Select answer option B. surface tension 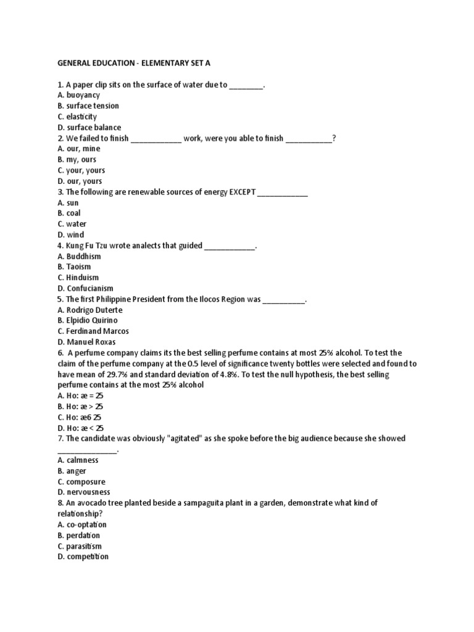pyautogui.click(x=88, y=106)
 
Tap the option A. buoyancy pyautogui.click(x=78, y=95)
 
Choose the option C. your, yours pyautogui.click(x=81, y=170)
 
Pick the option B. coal pyautogui.click(x=69, y=214)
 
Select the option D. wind pyautogui.click(x=70, y=235)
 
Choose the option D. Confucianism pyautogui.click(x=85, y=289)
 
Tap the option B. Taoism pyautogui.click(x=75, y=267)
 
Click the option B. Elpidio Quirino pyautogui.click(x=87, y=321)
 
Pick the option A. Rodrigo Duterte pyautogui.click(x=89, y=310)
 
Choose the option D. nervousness pyautogui.click(x=83, y=493)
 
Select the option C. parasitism pyautogui.click(x=79, y=546)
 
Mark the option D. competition pyautogui.click(x=83, y=557)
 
